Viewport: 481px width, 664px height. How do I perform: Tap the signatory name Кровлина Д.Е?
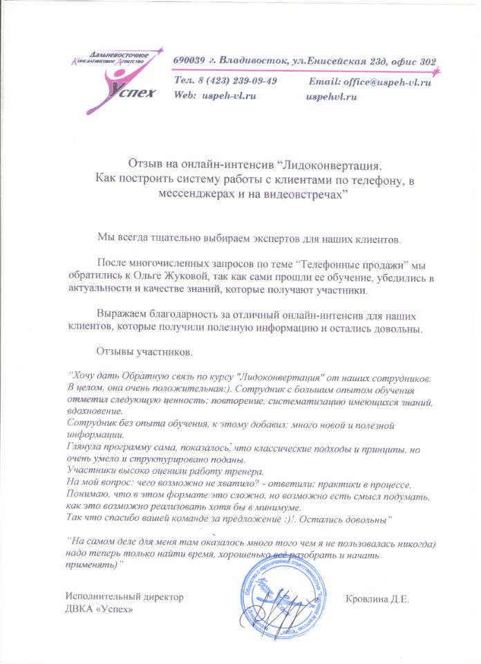[x=379, y=598]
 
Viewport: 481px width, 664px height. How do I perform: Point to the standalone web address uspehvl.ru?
[x=331, y=96]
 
